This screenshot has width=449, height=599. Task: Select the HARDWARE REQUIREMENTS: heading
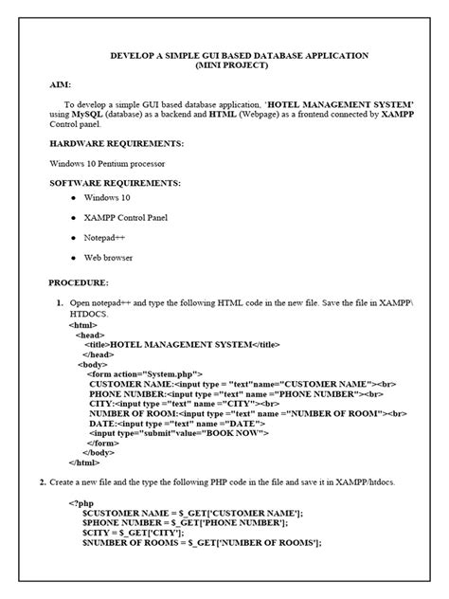(x=117, y=143)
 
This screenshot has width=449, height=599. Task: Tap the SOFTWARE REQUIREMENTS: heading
(x=115, y=182)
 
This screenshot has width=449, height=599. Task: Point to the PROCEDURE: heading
(x=79, y=282)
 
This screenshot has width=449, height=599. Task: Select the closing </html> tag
(x=85, y=463)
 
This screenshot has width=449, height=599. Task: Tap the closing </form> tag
(x=105, y=443)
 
